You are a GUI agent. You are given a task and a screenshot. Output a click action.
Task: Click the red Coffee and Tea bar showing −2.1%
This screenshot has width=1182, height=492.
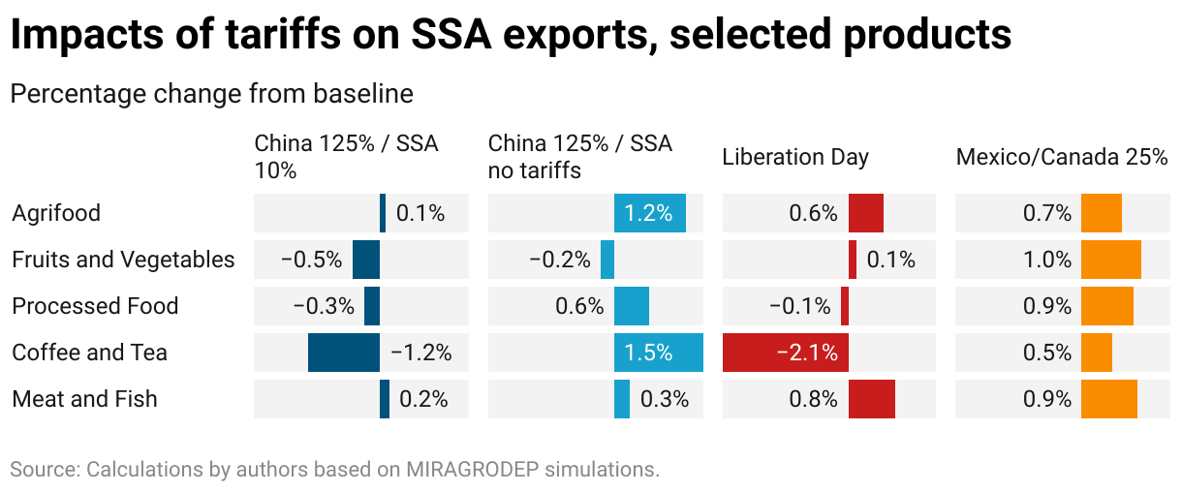click(x=785, y=353)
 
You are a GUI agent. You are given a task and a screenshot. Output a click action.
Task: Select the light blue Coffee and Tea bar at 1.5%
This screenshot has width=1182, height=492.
click(x=659, y=353)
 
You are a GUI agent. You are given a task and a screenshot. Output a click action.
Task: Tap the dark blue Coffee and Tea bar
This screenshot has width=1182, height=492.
click(x=344, y=353)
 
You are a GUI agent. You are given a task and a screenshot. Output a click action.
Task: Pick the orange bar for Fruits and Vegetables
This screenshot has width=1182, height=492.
click(x=1111, y=260)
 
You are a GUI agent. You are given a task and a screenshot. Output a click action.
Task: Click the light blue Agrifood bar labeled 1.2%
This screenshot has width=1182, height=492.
click(x=650, y=213)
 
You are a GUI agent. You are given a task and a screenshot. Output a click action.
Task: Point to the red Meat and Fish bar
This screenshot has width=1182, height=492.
click(x=872, y=399)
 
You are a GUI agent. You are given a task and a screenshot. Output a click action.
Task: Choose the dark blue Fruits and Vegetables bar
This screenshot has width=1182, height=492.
click(x=366, y=260)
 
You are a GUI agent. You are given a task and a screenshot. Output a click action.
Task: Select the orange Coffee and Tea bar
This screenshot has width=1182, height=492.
click(x=1097, y=353)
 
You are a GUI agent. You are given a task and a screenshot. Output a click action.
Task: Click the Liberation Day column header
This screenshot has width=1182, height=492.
click(x=795, y=157)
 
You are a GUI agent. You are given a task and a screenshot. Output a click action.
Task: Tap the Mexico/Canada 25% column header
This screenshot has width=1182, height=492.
click(x=1062, y=157)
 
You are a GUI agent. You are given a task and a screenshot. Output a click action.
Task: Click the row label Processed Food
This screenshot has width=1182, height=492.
click(x=95, y=306)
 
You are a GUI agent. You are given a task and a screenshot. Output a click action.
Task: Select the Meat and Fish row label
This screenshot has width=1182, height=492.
click(x=84, y=399)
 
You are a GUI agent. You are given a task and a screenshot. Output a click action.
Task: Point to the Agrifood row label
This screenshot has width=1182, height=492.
click(x=56, y=213)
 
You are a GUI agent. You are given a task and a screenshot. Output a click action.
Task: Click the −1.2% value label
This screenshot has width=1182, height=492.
click(x=421, y=353)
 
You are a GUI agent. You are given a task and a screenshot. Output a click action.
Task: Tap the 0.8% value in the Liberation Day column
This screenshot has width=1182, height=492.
click(x=814, y=399)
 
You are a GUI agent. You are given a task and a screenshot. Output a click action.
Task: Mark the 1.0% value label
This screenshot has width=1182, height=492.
click(x=1047, y=260)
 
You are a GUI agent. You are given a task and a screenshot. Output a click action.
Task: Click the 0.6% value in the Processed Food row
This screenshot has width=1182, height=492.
click(x=579, y=306)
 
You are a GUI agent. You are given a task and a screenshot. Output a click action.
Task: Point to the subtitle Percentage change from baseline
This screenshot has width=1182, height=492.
click(x=211, y=94)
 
